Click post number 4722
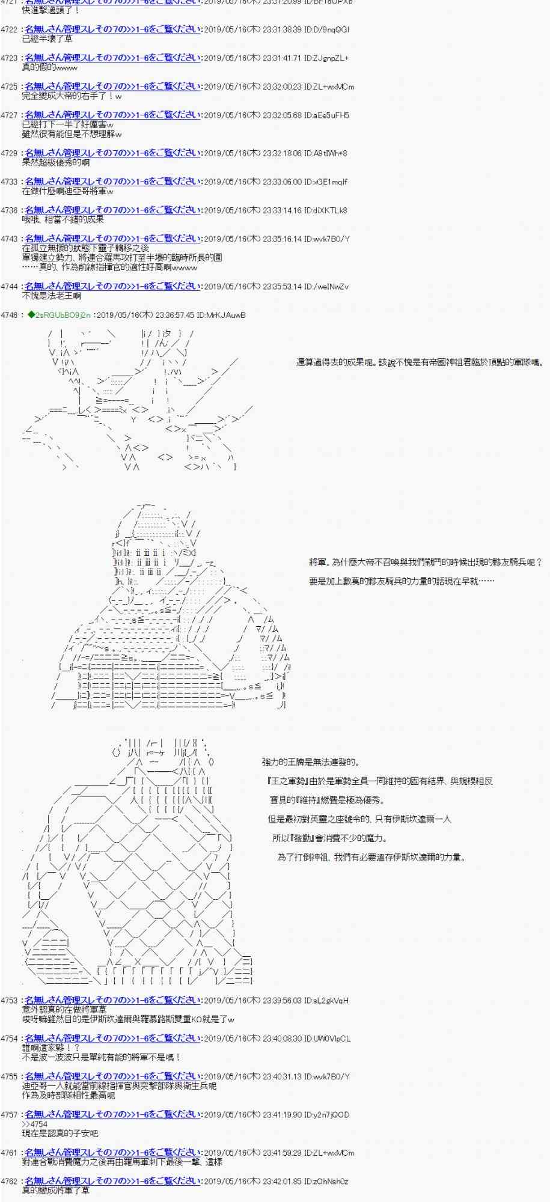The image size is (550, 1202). click(9, 29)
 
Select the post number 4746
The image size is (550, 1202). click(9, 315)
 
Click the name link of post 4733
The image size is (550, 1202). click(112, 182)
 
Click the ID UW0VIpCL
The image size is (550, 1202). click(327, 1039)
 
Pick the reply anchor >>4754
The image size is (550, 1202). click(34, 1124)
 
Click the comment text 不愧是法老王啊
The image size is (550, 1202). click(52, 296)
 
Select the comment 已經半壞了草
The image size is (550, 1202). click(47, 39)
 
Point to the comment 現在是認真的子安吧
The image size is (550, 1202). click(60, 1133)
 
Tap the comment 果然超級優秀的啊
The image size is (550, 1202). click(56, 162)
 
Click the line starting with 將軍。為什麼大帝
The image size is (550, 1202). click(426, 562)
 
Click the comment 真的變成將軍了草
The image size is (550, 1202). click(56, 1191)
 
